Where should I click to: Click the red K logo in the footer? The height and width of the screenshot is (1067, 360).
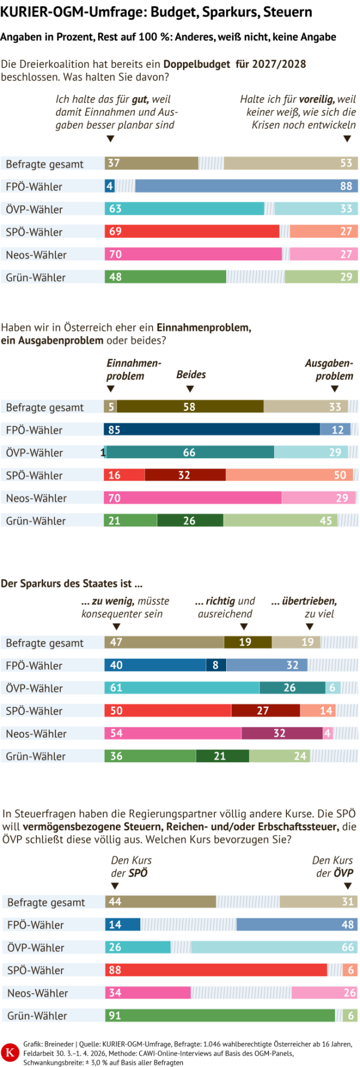[x=10, y=1052]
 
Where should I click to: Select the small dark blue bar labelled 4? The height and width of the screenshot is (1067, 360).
[x=110, y=187]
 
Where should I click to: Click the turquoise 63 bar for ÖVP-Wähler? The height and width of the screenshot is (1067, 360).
[x=184, y=209]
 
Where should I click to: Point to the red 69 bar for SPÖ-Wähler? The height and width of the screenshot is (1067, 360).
[x=192, y=232]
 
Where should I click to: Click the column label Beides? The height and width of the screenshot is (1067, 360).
[x=191, y=375]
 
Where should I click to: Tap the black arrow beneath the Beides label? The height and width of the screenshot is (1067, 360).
[x=190, y=389]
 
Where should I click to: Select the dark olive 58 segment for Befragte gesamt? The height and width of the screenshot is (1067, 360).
[x=190, y=407]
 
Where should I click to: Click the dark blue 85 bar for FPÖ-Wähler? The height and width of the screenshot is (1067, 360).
[x=212, y=430]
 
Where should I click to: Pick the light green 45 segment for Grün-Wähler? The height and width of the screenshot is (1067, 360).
[x=281, y=521]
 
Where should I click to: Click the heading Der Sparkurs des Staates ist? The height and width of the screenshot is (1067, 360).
[x=71, y=583]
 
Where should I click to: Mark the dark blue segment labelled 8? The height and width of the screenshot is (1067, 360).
[x=216, y=665]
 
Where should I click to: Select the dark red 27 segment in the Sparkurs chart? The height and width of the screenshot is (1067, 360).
[x=265, y=711]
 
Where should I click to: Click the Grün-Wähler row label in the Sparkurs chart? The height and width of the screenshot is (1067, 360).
[x=36, y=757]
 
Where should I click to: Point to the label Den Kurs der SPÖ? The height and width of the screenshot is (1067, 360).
[x=131, y=866]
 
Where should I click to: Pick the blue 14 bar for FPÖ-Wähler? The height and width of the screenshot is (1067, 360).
[x=123, y=925]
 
